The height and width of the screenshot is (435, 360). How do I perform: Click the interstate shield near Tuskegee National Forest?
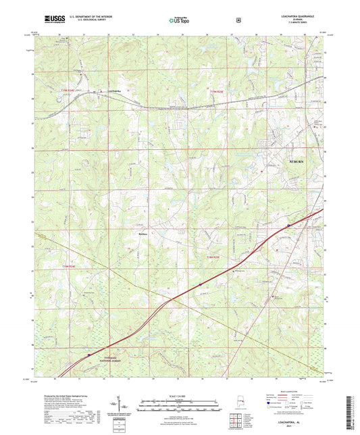tap(88, 353)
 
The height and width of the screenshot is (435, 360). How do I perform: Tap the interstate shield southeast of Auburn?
tap(288, 225)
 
